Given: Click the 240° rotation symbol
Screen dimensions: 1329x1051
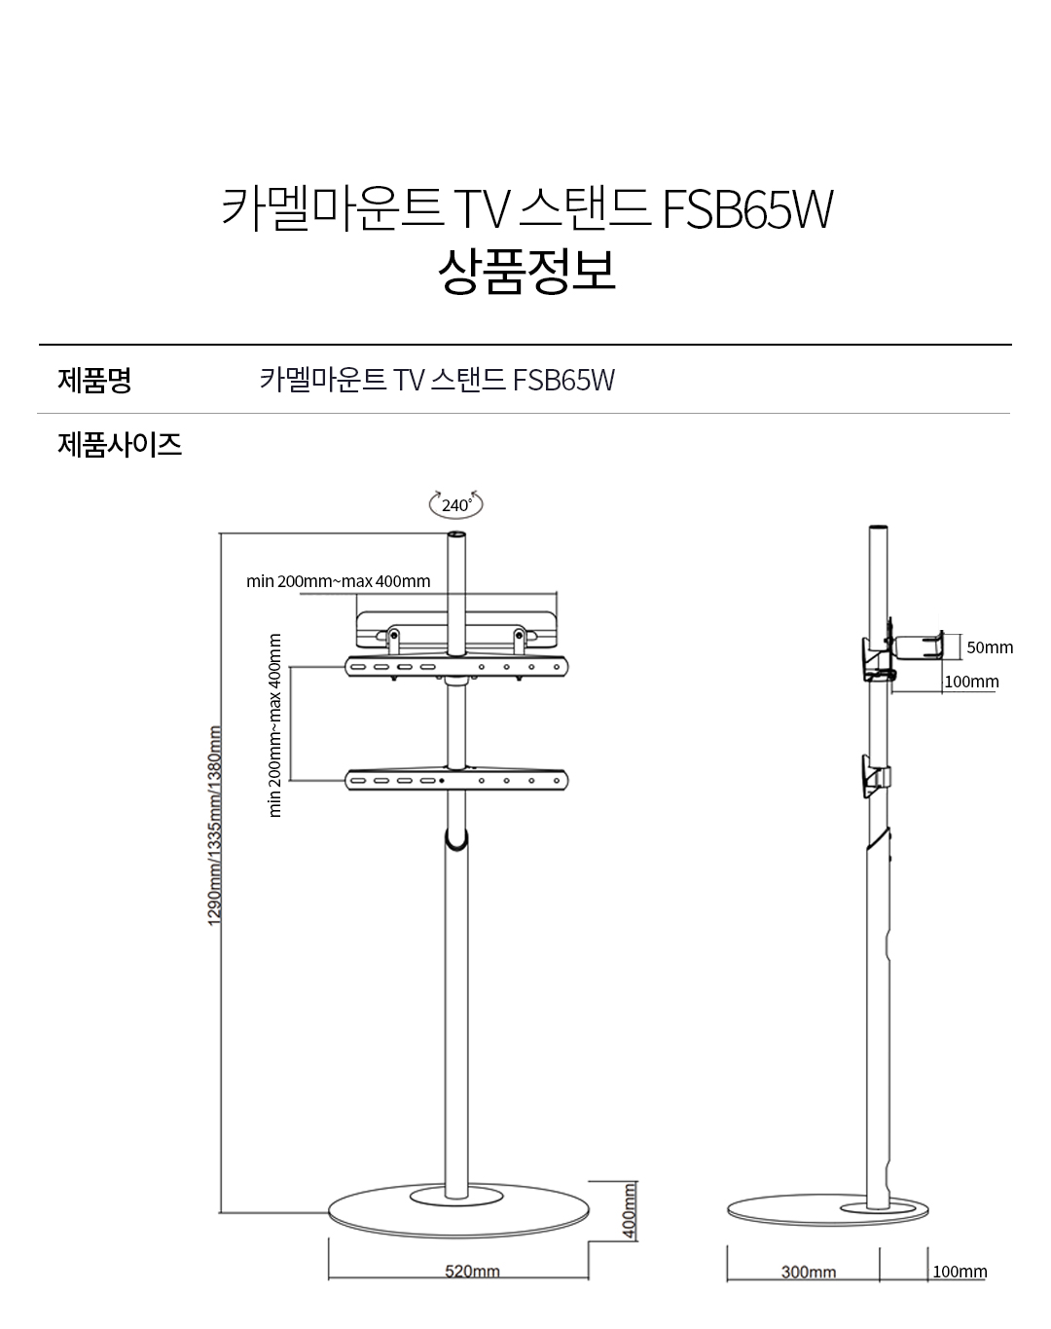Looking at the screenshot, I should point(455,504).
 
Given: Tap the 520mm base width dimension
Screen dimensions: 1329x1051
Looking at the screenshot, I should point(472,1272).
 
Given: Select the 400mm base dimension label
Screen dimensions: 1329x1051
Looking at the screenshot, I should point(629,1211).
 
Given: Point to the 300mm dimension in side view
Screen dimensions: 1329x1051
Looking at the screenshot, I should point(808,1272).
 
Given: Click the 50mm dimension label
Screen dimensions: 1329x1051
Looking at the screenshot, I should point(989,647).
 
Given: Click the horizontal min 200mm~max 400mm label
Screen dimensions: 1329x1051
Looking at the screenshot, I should point(338,581).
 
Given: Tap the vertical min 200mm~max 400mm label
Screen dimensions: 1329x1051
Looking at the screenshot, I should point(274,725).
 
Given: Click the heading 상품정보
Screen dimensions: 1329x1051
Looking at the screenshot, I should point(526,271).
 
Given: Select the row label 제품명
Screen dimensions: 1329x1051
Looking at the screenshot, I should point(94,380).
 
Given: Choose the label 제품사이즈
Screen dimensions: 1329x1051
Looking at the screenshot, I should point(120,445).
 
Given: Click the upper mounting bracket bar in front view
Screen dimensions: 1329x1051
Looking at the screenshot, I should point(456,667).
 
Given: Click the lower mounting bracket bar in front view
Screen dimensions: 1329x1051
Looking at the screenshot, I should point(456,780).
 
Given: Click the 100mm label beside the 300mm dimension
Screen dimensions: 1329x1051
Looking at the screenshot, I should point(959,1272).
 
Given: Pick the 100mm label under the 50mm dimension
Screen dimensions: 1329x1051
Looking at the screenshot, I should point(971,682).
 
